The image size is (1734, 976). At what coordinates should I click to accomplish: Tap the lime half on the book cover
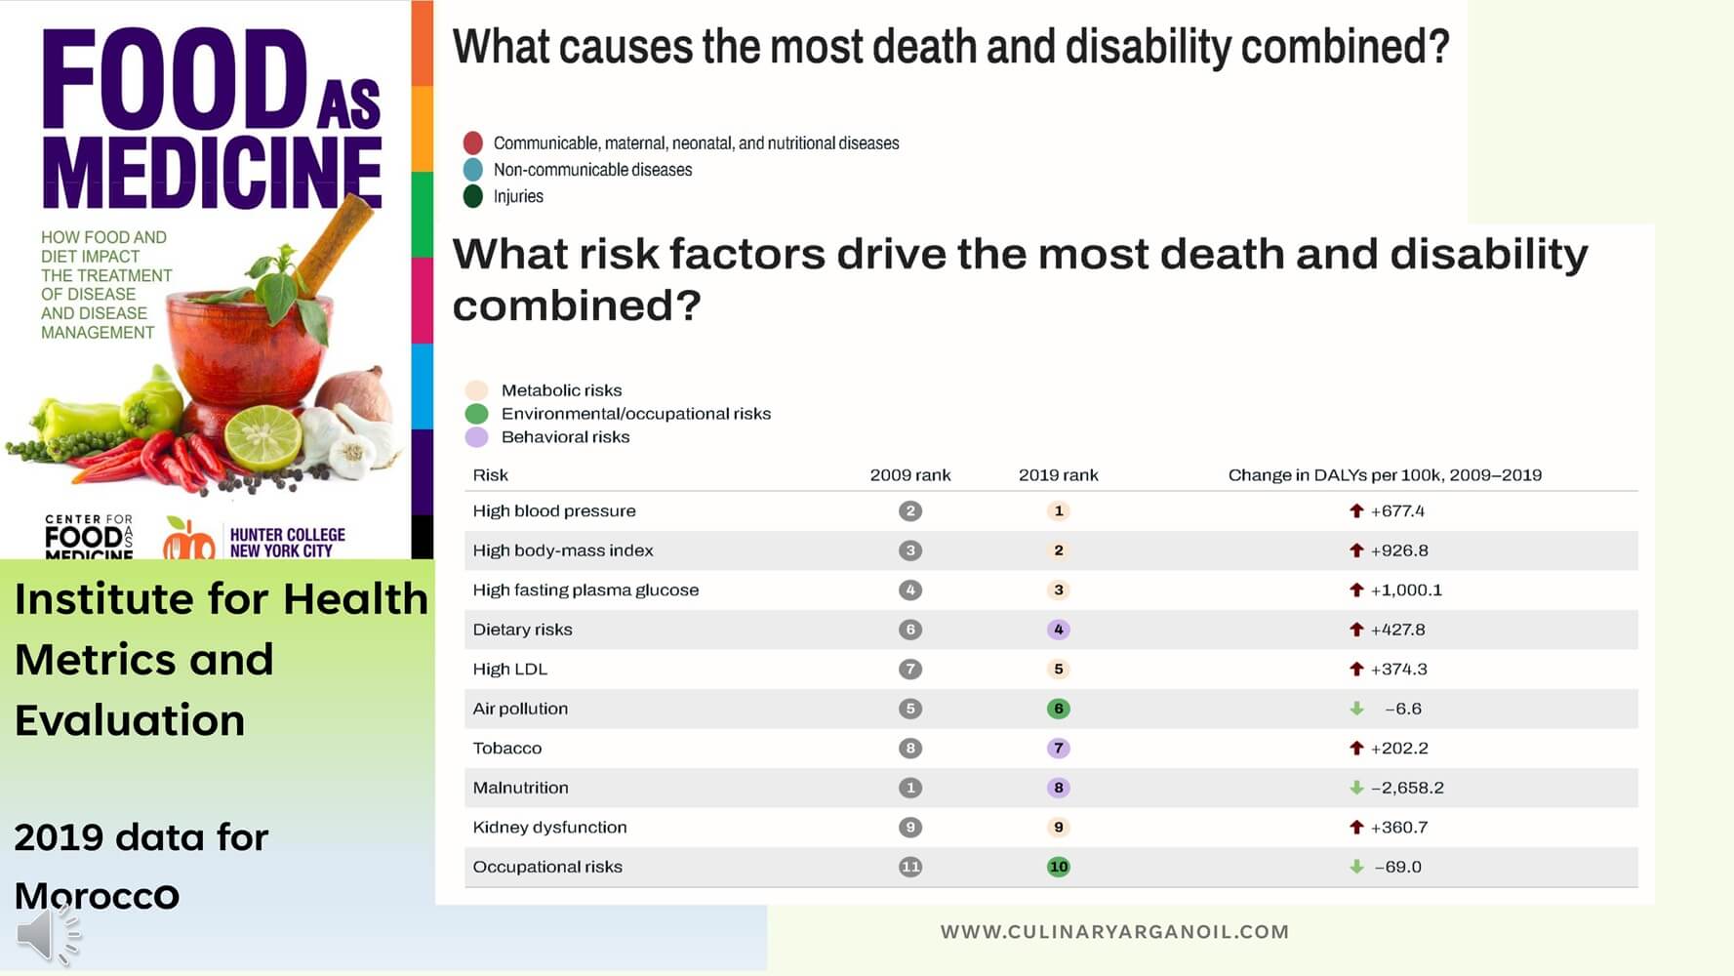click(x=263, y=438)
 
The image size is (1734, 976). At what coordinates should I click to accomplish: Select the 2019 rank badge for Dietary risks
click(x=1058, y=630)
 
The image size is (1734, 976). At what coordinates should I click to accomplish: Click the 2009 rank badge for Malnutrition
click(x=910, y=788)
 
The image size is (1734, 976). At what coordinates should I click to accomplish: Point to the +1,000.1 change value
click(x=1406, y=590)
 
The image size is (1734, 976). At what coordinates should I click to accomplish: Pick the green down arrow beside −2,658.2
click(x=1356, y=788)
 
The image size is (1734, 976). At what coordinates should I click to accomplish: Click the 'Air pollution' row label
click(x=520, y=709)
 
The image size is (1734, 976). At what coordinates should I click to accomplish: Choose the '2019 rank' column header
click(x=1058, y=475)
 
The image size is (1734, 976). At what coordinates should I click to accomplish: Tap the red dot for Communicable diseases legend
click(x=473, y=142)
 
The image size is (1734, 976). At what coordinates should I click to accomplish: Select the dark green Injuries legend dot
click(x=473, y=196)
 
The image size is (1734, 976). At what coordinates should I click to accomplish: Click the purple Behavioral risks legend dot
click(x=476, y=437)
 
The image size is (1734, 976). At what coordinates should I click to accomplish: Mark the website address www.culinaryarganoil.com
click(x=1114, y=932)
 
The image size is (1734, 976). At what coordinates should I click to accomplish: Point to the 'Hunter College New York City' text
click(x=287, y=543)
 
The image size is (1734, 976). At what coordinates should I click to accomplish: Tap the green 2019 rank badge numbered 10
click(x=1058, y=867)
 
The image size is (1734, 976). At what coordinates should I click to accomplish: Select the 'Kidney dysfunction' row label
click(x=549, y=828)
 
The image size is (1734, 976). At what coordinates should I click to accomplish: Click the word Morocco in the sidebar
click(x=97, y=896)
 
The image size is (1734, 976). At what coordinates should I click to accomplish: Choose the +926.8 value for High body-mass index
click(x=1399, y=550)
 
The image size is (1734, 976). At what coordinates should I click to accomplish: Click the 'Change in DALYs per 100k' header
click(x=1385, y=475)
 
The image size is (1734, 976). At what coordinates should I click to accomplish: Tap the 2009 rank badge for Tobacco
click(x=910, y=749)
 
